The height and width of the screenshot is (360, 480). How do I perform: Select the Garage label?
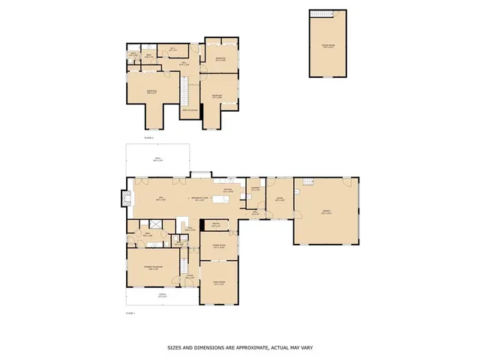point(326,212)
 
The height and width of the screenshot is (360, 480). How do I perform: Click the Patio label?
point(158,160)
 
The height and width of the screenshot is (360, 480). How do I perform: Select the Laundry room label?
point(255,189)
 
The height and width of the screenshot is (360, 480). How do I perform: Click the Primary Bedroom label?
point(153,268)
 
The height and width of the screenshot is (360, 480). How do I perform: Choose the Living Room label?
point(219,283)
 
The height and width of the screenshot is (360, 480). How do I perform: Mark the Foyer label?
point(190,277)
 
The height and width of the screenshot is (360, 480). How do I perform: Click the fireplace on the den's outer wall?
point(122,199)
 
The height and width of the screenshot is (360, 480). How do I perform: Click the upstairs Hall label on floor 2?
point(184,64)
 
